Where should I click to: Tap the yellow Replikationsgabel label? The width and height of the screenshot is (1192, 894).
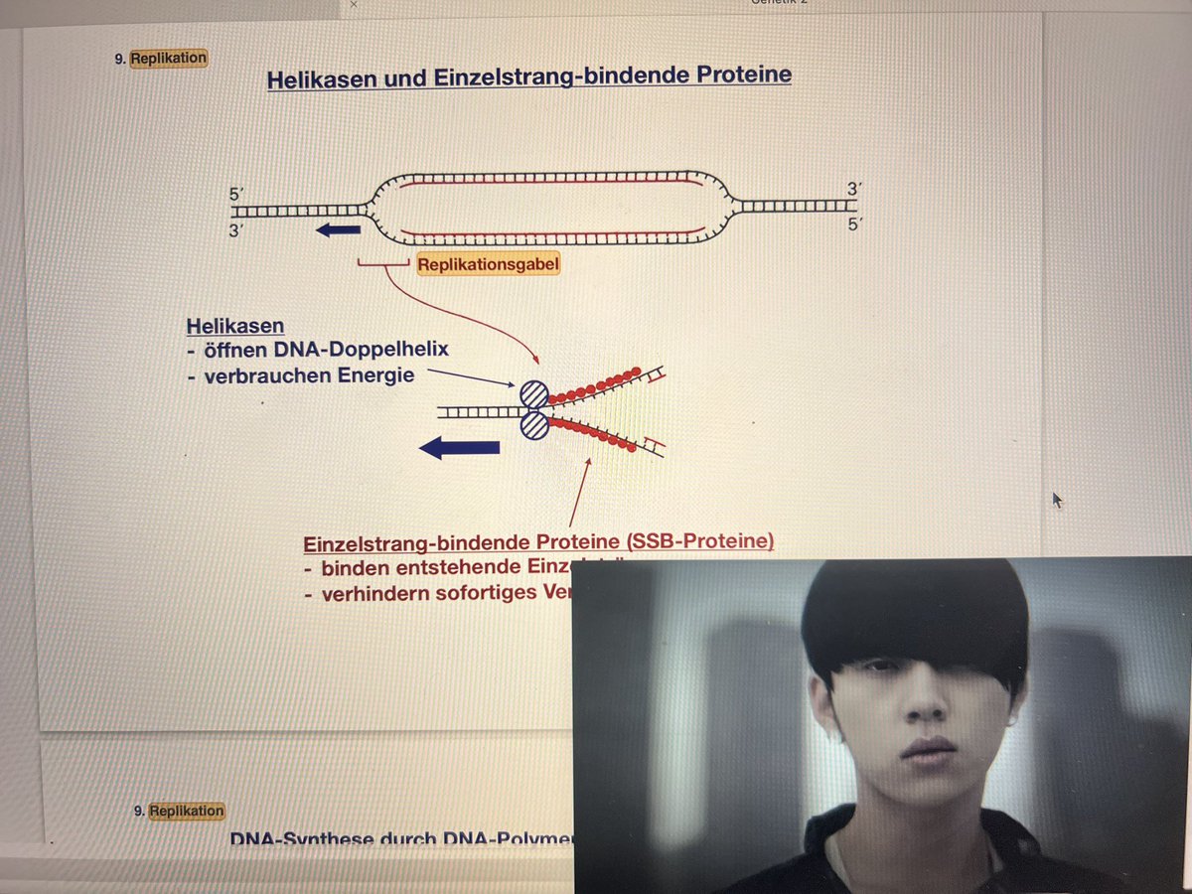(x=489, y=265)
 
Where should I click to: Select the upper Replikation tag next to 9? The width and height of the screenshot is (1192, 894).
(x=169, y=58)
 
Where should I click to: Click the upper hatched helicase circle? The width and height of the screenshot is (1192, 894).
(x=534, y=394)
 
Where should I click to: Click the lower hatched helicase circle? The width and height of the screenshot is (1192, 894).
(x=534, y=425)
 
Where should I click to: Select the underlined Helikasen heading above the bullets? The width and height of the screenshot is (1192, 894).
(x=235, y=326)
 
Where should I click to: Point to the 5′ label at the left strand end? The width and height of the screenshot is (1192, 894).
(x=235, y=197)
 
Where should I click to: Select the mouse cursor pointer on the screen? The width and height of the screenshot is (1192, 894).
(x=1057, y=500)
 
